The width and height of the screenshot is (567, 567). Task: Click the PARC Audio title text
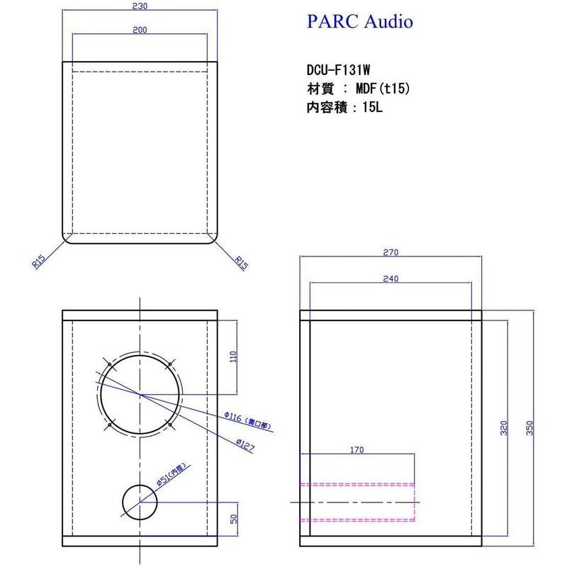359,22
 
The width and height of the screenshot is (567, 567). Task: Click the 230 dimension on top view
139,6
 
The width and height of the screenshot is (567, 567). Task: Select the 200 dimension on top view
139,31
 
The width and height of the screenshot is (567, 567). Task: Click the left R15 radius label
39,262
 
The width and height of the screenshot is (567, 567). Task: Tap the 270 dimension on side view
391,253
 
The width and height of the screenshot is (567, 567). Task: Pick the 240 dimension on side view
391,279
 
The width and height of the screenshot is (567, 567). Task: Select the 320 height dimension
504,428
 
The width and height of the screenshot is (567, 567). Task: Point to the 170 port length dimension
358,449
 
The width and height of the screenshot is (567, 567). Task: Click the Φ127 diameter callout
246,441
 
